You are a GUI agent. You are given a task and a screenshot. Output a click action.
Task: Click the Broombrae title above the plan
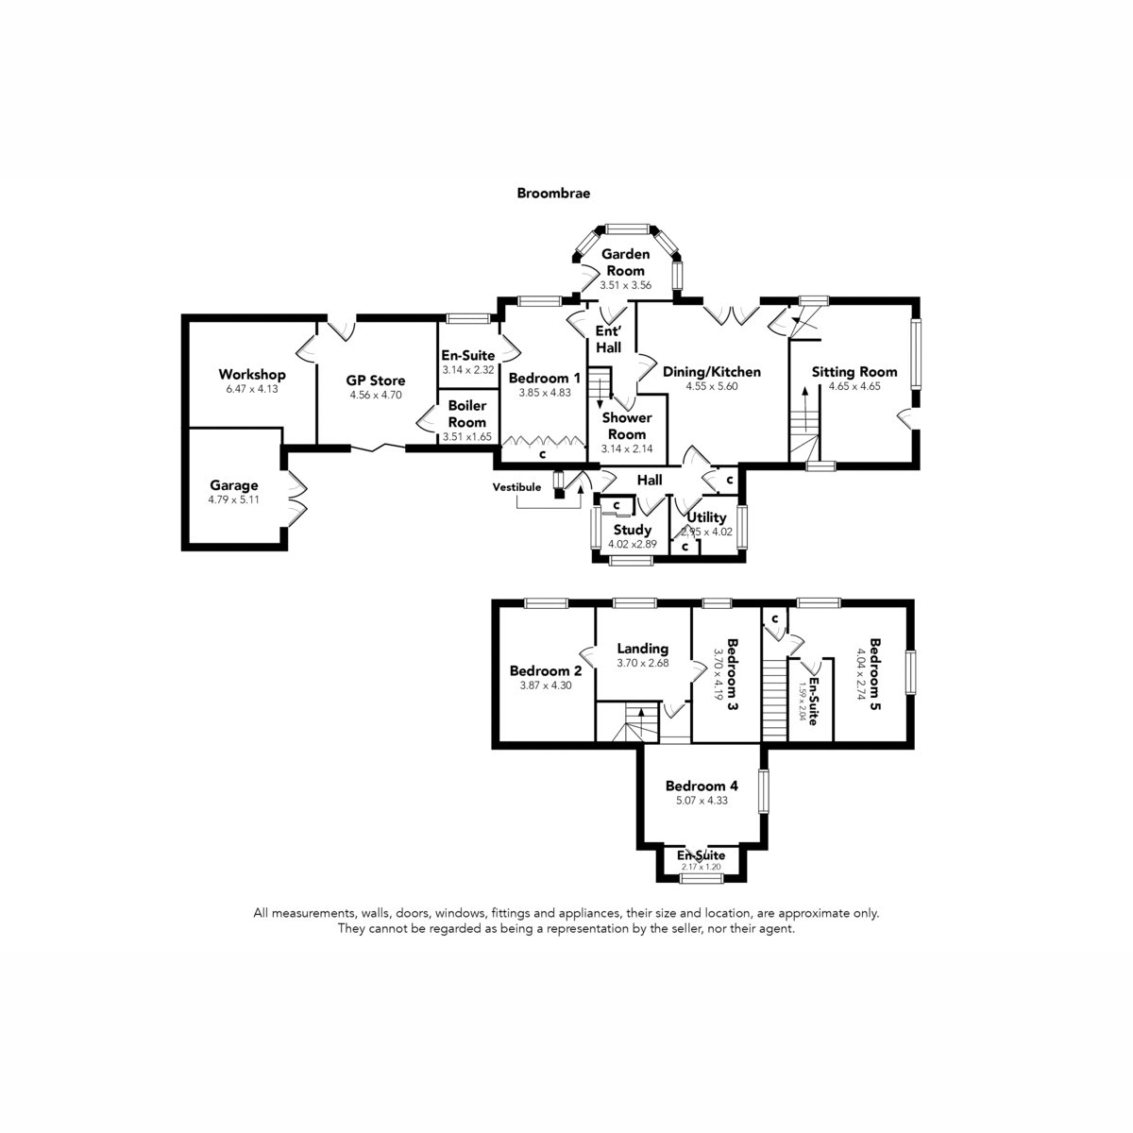pyautogui.click(x=553, y=193)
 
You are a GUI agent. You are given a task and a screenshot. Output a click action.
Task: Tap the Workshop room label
pyautogui.click(x=252, y=375)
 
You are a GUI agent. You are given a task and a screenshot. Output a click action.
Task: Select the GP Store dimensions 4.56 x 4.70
pyautogui.click(x=376, y=395)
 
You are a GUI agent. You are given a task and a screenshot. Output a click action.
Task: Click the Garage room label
pyautogui.click(x=234, y=485)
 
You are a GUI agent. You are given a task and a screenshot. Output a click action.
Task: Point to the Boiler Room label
pyautogui.click(x=467, y=414)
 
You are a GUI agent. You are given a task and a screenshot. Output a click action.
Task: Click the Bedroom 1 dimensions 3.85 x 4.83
pyautogui.click(x=545, y=393)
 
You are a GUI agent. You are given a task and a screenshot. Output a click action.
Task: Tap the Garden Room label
pyautogui.click(x=626, y=262)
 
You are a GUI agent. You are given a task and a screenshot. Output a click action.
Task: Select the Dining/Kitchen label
pyautogui.click(x=712, y=372)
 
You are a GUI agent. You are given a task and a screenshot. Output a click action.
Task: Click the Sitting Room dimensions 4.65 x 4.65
pyautogui.click(x=854, y=386)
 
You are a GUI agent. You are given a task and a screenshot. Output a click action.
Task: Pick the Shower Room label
pyautogui.click(x=627, y=426)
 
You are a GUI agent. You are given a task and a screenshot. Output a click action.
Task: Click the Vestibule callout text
pyautogui.click(x=516, y=487)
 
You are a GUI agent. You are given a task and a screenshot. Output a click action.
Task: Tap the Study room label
pyautogui.click(x=632, y=530)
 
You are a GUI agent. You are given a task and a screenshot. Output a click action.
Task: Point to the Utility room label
pyautogui.click(x=707, y=517)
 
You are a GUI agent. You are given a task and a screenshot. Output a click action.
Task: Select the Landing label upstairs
pyautogui.click(x=643, y=649)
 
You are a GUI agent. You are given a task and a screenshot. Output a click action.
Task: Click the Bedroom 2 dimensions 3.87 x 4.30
pyautogui.click(x=546, y=685)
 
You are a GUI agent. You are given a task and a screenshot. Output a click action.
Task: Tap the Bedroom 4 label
pyautogui.click(x=702, y=786)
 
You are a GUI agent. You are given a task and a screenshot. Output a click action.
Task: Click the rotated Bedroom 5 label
pyautogui.click(x=875, y=674)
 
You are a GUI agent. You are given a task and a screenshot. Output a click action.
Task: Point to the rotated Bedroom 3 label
pyautogui.click(x=732, y=675)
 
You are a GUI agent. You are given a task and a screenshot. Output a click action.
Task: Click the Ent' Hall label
pyautogui.click(x=609, y=339)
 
